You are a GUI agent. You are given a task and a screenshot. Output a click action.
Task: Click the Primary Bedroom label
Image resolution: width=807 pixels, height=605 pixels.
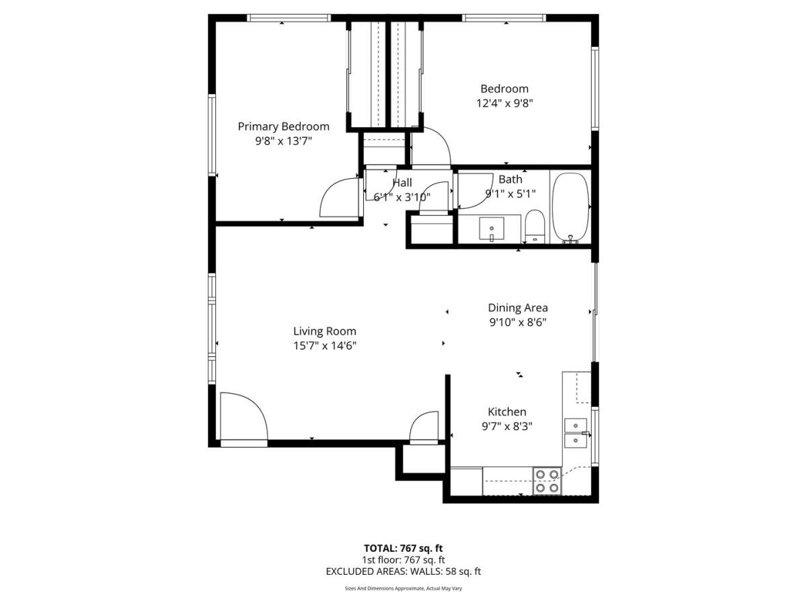coord(284,126)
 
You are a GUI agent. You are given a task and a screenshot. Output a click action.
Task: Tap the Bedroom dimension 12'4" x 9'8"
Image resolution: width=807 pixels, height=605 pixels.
coord(504,104)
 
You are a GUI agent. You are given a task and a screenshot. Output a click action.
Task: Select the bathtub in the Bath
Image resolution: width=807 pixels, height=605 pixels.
coord(570,208)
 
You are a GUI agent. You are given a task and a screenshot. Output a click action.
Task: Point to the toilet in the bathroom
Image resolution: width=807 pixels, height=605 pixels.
coord(535,226)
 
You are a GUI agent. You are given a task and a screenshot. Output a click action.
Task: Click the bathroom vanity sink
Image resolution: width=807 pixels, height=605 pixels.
coord(492,229)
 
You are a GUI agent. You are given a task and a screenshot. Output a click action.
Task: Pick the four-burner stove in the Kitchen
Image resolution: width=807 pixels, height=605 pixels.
coord(547,481)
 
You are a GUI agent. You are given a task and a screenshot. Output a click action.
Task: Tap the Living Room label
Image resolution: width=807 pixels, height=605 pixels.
coord(325,331)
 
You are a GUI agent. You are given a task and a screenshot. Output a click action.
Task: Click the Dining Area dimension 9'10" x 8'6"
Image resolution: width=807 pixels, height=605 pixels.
coord(518,322)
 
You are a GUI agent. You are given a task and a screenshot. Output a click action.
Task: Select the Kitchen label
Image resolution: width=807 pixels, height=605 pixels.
coord(507,411)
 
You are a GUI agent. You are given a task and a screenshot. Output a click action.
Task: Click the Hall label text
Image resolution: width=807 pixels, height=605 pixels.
coord(402,183)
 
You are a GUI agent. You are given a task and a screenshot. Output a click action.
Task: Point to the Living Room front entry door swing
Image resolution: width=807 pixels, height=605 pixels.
coord(244,416)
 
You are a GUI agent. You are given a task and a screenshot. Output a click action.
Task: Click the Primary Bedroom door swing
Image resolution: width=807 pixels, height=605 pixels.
coord(340,197)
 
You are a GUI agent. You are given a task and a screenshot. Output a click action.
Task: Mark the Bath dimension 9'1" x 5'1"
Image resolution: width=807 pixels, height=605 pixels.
coord(510,194)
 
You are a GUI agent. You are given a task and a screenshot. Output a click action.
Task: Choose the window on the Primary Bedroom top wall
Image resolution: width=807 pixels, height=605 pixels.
coord(289,18)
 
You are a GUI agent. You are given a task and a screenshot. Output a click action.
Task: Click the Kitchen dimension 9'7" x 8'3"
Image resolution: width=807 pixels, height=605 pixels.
coord(507,426)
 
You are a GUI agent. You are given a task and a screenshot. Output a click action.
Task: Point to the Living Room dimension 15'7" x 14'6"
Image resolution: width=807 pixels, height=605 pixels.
coord(325,346)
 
